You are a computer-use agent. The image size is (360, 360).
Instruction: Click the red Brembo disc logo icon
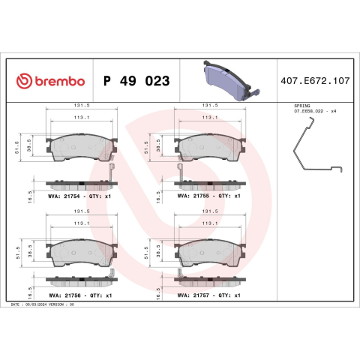(24, 81)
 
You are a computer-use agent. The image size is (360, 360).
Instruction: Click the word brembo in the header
(60, 81)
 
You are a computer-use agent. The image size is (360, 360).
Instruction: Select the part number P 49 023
(136, 81)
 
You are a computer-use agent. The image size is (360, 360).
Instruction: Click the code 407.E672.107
(315, 81)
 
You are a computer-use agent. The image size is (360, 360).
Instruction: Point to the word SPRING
(302, 106)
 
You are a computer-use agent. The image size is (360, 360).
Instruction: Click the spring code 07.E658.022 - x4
(315, 111)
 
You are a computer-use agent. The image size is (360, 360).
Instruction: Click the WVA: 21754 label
(64, 196)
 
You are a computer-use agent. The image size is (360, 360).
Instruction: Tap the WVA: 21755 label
(193, 196)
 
